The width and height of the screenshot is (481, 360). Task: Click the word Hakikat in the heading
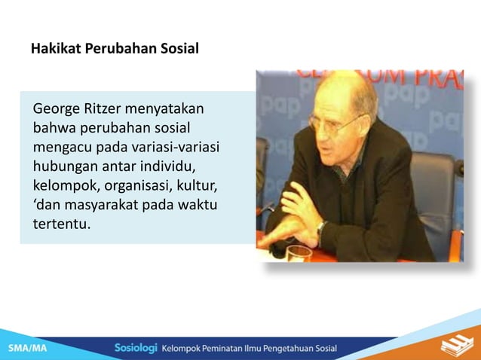point(56,50)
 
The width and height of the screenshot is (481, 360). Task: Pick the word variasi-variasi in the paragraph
point(176,147)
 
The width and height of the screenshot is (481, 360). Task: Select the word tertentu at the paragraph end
point(61,223)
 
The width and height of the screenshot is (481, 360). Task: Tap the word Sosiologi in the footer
point(136,348)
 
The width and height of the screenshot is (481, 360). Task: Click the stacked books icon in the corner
point(455,346)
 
